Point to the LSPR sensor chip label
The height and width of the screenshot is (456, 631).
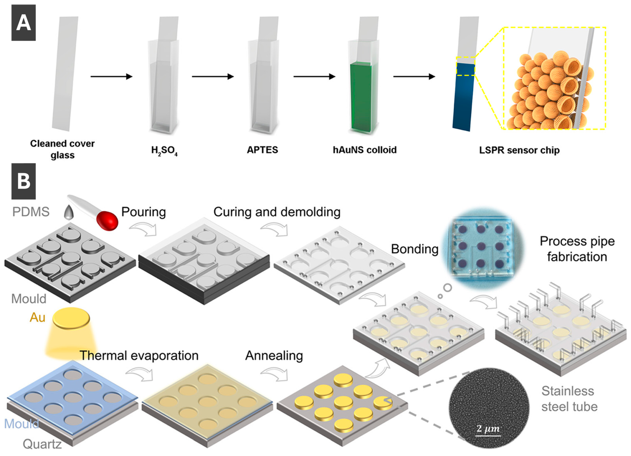[519, 150]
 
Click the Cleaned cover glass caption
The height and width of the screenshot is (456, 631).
[62, 149]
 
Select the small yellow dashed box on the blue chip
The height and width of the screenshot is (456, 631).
[465, 66]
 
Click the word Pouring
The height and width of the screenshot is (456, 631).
[144, 212]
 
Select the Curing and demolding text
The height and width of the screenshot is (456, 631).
[277, 212]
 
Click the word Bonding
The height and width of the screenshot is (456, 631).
[415, 249]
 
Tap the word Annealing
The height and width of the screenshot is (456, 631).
[274, 356]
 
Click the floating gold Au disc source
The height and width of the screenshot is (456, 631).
[71, 317]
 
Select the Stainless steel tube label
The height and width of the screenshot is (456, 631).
[569, 399]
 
